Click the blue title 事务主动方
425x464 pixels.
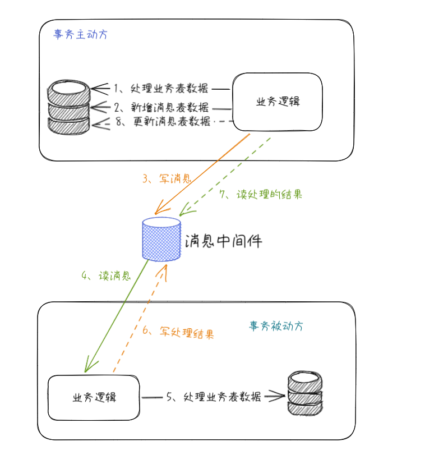coord(80,34)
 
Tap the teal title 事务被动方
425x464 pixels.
coord(276,326)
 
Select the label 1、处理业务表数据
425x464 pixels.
coord(161,88)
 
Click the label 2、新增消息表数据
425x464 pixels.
coord(161,107)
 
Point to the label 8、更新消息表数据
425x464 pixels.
coord(163,121)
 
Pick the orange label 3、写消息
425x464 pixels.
coord(167,178)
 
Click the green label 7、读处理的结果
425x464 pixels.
coord(261,194)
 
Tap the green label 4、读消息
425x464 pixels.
coord(106,276)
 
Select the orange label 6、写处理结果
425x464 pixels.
coord(178,332)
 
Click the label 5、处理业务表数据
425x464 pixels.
coord(214,397)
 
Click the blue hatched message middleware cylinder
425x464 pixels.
coord(161,239)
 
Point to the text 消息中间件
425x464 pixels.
coord(223,241)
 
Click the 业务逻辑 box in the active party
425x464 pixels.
coord(278,102)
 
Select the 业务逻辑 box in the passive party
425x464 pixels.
coord(94,397)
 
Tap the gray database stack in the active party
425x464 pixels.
coord(68,107)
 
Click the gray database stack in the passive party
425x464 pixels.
coord(305,393)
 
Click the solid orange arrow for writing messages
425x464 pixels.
coord(202,174)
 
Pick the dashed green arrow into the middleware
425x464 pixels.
coord(225,176)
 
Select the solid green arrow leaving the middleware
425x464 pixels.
coord(117,316)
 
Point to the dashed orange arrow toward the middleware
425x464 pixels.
coord(140,318)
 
